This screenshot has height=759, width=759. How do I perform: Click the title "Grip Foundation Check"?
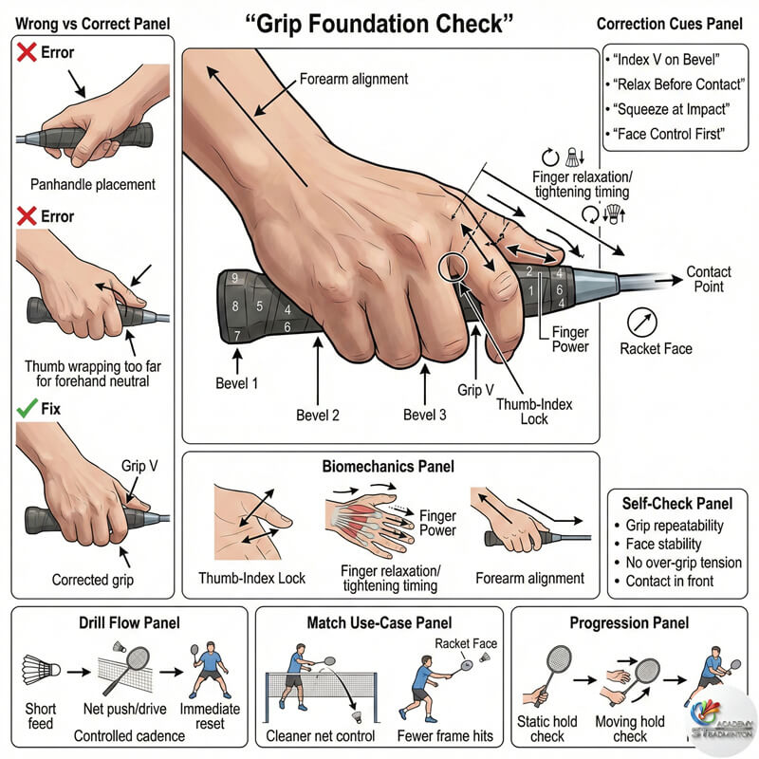click(x=379, y=25)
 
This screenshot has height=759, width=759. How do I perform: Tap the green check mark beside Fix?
click(x=28, y=408)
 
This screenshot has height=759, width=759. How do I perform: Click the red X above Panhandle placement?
click(x=27, y=52)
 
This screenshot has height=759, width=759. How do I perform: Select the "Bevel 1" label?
click(x=236, y=383)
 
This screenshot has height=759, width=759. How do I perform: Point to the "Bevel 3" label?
click(x=424, y=415)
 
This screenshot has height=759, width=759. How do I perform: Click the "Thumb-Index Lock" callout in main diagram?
click(x=534, y=412)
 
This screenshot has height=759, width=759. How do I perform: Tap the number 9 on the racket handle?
click(x=234, y=278)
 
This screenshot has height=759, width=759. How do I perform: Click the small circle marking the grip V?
click(x=453, y=268)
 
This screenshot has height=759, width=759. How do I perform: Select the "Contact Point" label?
click(x=709, y=279)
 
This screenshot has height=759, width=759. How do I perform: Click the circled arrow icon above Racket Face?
click(x=642, y=323)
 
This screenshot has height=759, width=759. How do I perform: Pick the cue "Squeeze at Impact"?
click(x=671, y=109)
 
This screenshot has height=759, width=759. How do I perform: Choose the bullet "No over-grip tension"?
click(x=683, y=563)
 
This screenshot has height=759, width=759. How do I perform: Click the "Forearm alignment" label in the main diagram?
click(x=353, y=79)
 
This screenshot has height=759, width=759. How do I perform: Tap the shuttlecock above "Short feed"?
click(x=41, y=670)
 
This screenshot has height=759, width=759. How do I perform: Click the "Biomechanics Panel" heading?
click(x=388, y=466)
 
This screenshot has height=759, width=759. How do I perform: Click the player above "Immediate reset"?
click(x=209, y=670)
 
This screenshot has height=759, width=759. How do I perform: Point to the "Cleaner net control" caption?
click(x=321, y=736)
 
